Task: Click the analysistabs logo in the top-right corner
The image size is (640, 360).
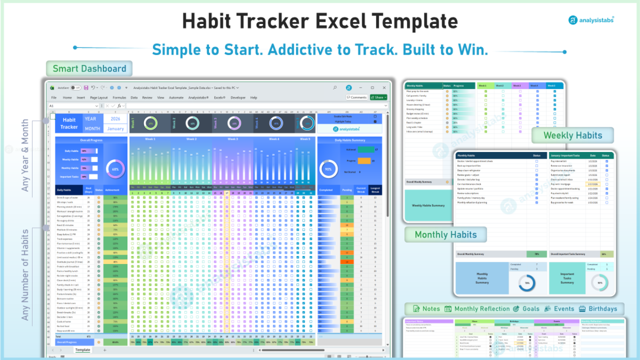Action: [590, 20]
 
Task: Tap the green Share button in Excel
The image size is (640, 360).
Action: [378, 98]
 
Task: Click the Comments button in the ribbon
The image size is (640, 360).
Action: [357, 98]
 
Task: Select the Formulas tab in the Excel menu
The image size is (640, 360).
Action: [119, 98]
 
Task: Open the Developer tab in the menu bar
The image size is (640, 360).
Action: [238, 98]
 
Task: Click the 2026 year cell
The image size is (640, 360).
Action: [115, 119]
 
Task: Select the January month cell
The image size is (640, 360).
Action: [115, 129]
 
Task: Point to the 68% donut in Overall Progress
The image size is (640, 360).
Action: [115, 169]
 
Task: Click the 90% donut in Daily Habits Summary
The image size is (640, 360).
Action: [329, 169]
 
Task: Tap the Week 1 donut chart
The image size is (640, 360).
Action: [150, 123]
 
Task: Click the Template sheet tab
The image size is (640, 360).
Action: [83, 350]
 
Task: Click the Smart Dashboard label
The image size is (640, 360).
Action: [89, 68]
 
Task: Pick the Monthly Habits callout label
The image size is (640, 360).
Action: [445, 234]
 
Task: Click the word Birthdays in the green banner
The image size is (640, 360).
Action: [603, 309]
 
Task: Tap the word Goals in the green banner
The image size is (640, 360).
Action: [530, 309]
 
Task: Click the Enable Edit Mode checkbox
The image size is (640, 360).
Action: [375, 116]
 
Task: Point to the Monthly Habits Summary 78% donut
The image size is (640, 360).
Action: [527, 283]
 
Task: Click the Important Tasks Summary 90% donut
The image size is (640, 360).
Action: [600, 283]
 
